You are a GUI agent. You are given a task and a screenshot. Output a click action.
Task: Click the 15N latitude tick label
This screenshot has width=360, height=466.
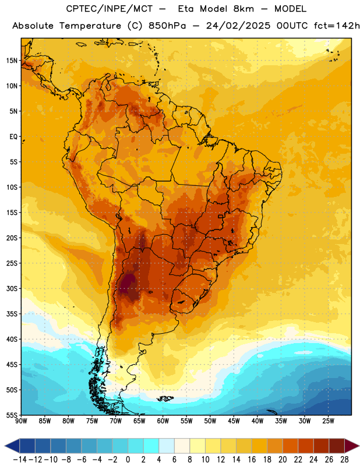(x=12, y=61)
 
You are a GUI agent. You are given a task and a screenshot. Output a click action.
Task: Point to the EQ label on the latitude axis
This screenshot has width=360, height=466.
(x=13, y=137)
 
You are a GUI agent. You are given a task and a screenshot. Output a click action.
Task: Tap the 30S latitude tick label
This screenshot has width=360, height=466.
(x=12, y=288)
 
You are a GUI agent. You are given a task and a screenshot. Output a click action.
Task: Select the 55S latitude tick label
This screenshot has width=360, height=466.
(x=12, y=415)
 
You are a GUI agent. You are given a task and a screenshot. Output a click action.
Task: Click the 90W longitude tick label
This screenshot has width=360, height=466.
(x=22, y=421)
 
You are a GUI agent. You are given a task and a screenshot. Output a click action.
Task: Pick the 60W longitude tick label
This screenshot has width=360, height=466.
(x=163, y=421)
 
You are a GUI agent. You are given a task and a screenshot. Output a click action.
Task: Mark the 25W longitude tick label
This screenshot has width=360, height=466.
(x=328, y=421)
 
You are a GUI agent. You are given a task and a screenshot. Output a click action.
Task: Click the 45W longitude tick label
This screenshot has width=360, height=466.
(x=234, y=421)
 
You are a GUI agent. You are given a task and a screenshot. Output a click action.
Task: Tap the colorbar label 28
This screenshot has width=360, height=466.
(x=344, y=460)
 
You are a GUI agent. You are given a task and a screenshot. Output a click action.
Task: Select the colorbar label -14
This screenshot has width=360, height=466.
(x=20, y=460)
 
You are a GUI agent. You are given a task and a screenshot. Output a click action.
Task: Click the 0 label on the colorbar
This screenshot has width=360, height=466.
(x=128, y=460)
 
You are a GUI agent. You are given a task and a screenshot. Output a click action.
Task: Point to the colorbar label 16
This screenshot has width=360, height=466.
(x=252, y=460)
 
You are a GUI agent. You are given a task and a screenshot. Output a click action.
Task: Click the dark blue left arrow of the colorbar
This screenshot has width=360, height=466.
(x=12, y=446)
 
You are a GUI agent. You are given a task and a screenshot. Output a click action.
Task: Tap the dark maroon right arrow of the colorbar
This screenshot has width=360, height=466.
(x=352, y=446)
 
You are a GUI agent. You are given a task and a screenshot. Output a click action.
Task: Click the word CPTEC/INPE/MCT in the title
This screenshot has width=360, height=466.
(x=110, y=9)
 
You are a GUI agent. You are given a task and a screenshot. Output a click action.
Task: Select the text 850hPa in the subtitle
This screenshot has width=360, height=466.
(x=167, y=26)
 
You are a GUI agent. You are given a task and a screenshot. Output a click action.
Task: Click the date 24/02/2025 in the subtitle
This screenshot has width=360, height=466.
(x=238, y=26)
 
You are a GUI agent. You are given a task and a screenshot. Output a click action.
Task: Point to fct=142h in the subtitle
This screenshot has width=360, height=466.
(x=337, y=26)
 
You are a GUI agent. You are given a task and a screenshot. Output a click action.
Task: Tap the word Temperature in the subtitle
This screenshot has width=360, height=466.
(x=90, y=26)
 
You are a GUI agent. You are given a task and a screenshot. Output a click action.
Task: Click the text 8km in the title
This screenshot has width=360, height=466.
(x=243, y=9)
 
